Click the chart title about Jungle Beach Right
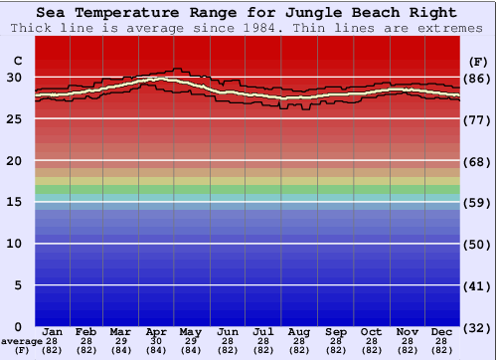click(248, 13)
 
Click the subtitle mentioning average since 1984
click(248, 28)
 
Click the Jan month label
click(53, 331)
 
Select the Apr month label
click(156, 331)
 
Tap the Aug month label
click(299, 331)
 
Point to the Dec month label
click(442, 331)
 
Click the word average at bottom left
click(22, 341)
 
